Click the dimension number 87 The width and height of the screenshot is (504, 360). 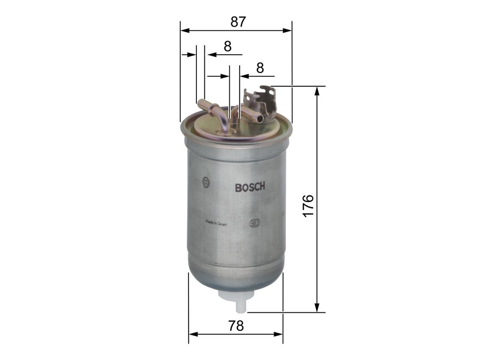pyautogui.click(x=238, y=22)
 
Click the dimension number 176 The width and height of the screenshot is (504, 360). pyautogui.click(x=308, y=206)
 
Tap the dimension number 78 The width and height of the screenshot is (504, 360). pyautogui.click(x=236, y=326)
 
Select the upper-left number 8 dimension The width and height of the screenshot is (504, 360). pyautogui.click(x=227, y=46)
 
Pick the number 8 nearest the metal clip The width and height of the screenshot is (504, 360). pyautogui.click(x=260, y=68)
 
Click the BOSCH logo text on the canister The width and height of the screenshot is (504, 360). pyautogui.click(x=250, y=187)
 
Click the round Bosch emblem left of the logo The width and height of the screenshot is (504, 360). pyautogui.click(x=206, y=182)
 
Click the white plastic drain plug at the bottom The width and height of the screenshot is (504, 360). pyautogui.click(x=240, y=302)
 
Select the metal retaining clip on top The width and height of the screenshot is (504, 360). pyautogui.click(x=261, y=101)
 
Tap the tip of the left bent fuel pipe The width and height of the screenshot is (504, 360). pyautogui.click(x=201, y=103)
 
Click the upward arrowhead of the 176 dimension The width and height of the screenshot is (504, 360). pyautogui.click(x=317, y=91)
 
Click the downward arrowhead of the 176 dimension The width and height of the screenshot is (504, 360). pyautogui.click(x=317, y=307)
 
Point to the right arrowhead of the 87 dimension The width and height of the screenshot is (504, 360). pyautogui.click(x=288, y=31)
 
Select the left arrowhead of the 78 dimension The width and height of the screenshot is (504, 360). pyautogui.click(x=192, y=334)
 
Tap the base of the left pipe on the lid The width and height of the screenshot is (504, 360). pyautogui.click(x=224, y=131)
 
